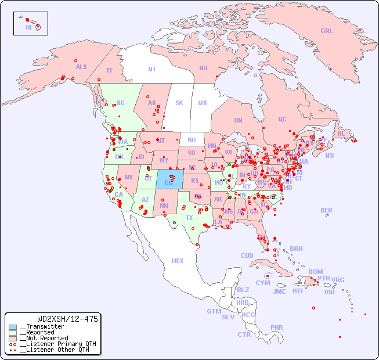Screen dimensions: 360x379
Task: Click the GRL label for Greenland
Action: [327, 31]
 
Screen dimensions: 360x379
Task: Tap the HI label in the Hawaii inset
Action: [28, 27]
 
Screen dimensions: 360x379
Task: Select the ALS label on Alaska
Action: [81, 67]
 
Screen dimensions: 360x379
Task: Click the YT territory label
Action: [109, 70]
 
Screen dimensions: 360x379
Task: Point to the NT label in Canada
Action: [152, 69]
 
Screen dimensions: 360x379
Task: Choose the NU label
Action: [203, 68]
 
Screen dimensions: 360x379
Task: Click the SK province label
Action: [179, 103]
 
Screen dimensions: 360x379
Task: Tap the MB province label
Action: [202, 103]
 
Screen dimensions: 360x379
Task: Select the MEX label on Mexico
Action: [178, 261]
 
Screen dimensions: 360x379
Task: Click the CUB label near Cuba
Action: [247, 255]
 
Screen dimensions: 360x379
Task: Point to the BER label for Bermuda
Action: [327, 210]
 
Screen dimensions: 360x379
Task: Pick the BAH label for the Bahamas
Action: [296, 249]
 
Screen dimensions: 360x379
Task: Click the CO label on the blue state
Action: [168, 183]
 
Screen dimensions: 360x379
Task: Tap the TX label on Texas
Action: [189, 218]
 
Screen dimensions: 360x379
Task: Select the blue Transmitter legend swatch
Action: [13, 327]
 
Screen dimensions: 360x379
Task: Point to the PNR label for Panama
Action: [277, 327]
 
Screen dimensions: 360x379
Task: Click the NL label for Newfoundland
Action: [341, 133]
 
